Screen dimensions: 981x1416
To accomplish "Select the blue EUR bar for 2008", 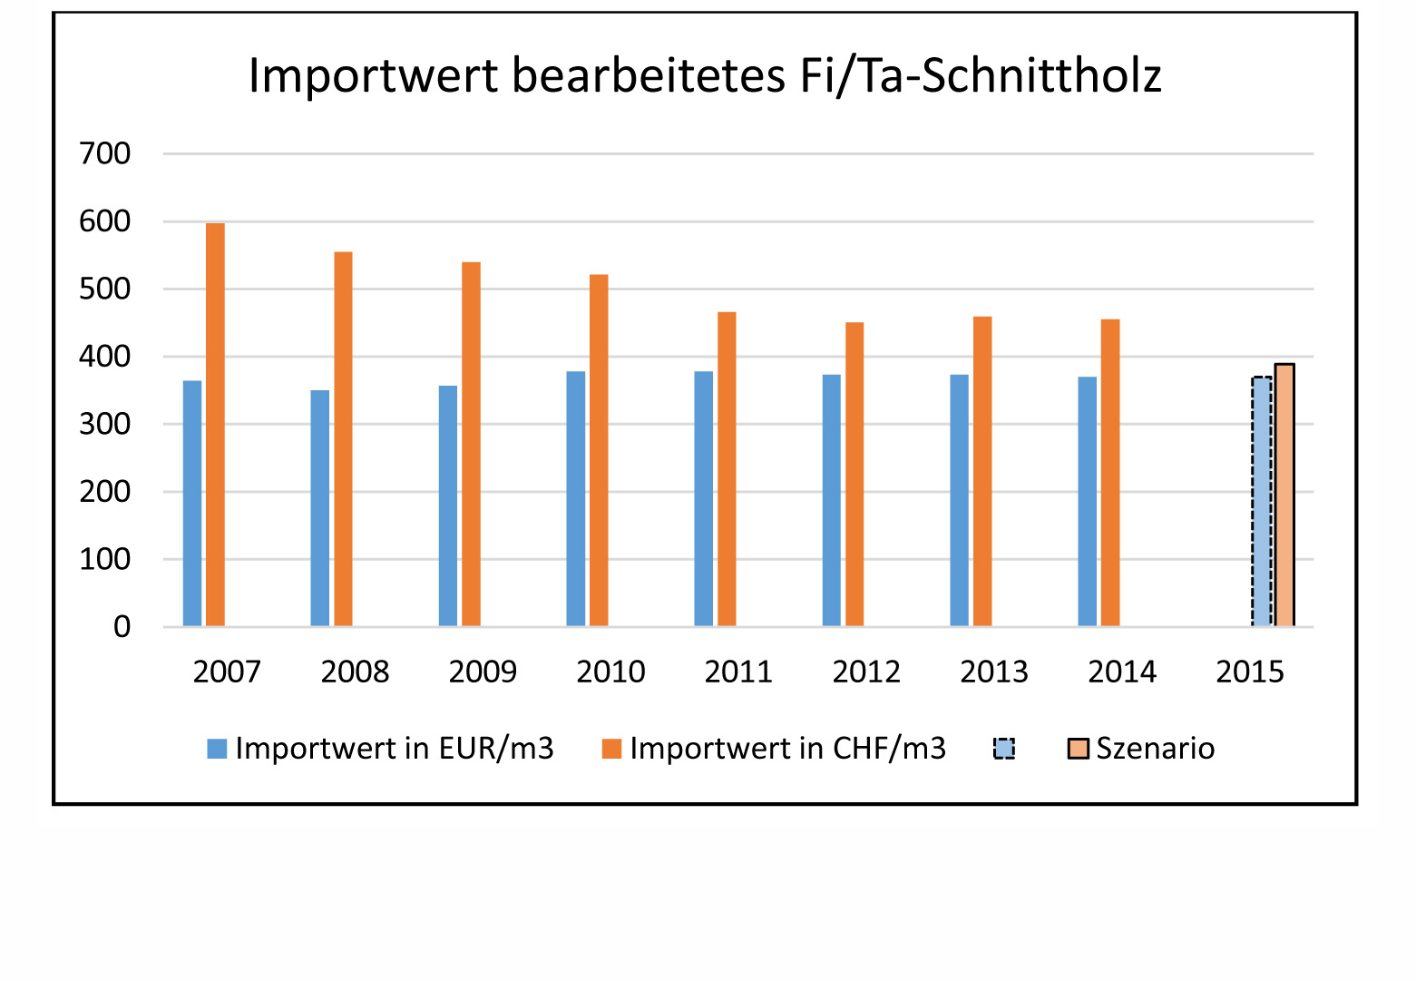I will click(x=319, y=508).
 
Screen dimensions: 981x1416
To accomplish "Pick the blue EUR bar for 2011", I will click(x=703, y=499).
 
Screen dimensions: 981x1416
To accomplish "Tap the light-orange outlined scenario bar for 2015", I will click(x=1284, y=495).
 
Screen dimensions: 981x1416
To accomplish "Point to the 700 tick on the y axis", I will click(x=105, y=154).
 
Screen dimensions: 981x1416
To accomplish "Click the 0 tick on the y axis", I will click(x=122, y=627).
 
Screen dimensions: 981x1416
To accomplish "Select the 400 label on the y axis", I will click(x=105, y=357).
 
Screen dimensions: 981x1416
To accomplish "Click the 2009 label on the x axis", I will click(x=483, y=672).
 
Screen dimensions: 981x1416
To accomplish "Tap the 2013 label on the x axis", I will click(x=994, y=672).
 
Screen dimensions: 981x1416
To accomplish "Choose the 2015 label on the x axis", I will click(x=1250, y=672).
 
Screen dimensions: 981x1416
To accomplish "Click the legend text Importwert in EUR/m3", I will click(x=395, y=749).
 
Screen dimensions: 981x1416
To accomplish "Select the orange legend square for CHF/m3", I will click(x=612, y=749).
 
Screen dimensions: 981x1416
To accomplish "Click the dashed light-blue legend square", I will click(x=1004, y=749).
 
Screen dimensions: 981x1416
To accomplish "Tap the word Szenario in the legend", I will click(x=1155, y=749).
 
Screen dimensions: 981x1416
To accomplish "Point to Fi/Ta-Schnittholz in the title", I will click(x=980, y=75).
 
